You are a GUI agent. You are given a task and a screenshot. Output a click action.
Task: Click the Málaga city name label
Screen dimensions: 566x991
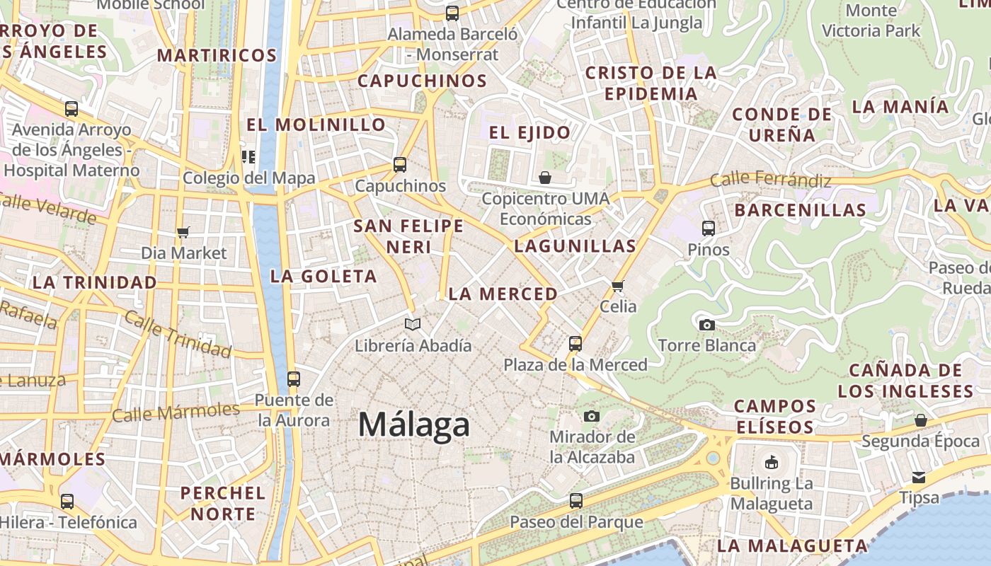(413, 424)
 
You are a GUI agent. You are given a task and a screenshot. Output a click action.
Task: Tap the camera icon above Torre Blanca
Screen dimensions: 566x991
(706, 325)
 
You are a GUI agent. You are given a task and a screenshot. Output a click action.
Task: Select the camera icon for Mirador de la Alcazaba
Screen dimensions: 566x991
(592, 416)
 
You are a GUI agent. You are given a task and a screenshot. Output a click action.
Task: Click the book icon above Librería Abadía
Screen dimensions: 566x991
(413, 324)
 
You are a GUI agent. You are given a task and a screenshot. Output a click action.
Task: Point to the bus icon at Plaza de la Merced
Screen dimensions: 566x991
(575, 344)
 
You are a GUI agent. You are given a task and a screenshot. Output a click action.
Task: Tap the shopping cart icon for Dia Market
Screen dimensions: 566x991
(183, 232)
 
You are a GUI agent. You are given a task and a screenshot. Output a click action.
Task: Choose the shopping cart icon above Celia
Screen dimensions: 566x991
(618, 286)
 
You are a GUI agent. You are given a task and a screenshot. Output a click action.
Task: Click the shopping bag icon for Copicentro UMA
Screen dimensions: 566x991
(545, 177)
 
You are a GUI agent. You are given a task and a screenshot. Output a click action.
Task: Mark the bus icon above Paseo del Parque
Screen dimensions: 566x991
(576, 501)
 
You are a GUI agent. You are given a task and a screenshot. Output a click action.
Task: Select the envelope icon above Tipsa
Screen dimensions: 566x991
(919, 477)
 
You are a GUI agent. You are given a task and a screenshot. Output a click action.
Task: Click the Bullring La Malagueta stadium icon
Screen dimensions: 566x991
(771, 463)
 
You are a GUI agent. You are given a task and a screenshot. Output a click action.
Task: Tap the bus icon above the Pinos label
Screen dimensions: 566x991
(709, 228)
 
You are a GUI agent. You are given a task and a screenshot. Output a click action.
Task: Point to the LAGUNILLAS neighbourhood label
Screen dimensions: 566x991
(575, 246)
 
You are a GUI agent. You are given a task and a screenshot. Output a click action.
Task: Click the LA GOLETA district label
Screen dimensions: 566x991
(323, 276)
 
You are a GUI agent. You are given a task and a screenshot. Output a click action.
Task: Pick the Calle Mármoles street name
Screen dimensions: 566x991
(176, 412)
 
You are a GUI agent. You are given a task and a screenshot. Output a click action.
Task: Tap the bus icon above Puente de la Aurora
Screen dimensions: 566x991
(294, 379)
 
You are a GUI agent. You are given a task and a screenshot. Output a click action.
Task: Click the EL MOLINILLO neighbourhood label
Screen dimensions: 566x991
(316, 125)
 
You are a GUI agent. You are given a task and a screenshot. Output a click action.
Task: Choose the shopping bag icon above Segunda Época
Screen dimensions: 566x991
(921, 420)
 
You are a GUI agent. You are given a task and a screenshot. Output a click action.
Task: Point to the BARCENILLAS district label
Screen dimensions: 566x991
(800, 210)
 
